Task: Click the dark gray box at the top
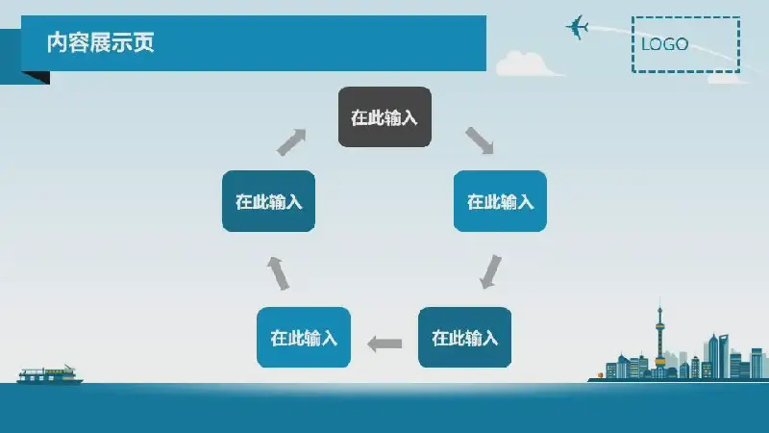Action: click(384, 116)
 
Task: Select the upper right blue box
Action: click(500, 201)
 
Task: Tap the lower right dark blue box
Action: click(464, 338)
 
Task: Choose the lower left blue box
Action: click(304, 338)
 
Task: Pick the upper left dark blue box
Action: click(268, 201)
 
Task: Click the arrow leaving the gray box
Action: click(480, 140)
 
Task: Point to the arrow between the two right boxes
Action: click(490, 271)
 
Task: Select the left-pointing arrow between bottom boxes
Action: click(384, 344)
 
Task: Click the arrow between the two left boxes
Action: click(278, 273)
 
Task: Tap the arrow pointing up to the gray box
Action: click(291, 142)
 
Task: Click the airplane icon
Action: click(578, 27)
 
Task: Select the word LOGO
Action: click(664, 44)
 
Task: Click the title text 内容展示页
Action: click(101, 42)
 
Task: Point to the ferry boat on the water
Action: click(50, 375)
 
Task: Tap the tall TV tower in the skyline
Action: click(659, 338)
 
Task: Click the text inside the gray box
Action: click(384, 117)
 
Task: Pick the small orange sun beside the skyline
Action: click(600, 375)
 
